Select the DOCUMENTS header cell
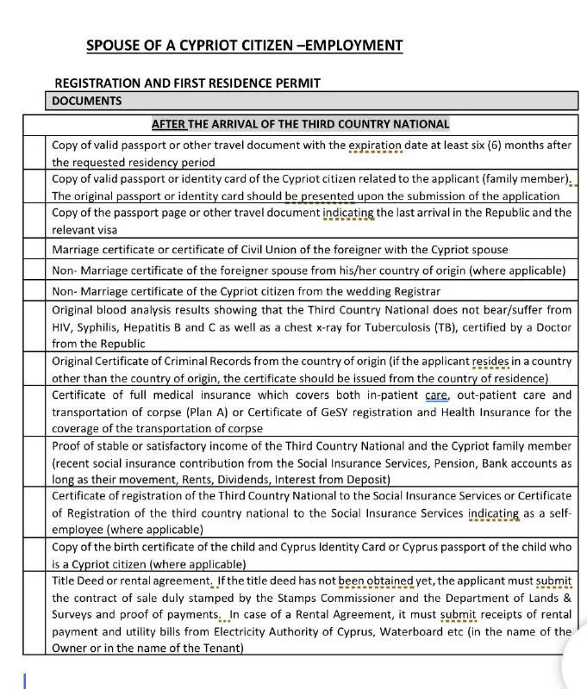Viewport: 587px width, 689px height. [86, 101]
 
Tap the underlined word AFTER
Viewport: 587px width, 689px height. [169, 124]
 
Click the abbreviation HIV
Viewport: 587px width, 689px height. [63, 326]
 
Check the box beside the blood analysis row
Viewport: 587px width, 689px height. [34, 326]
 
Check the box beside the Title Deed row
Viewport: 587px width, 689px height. [34, 614]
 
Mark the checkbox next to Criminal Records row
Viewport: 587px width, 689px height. [34, 369]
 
